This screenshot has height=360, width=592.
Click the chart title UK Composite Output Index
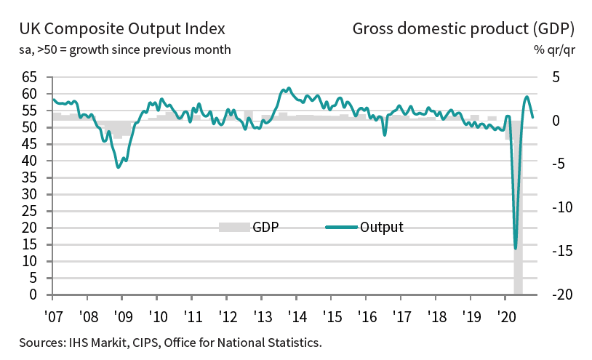point(121,29)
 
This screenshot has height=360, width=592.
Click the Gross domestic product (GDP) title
point(463,29)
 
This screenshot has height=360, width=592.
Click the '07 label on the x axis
point(53,317)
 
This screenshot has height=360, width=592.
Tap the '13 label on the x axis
point(261,317)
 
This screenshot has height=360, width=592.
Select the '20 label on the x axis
point(505,317)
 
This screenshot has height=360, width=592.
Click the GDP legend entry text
point(266,227)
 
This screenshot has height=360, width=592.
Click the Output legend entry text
point(381,227)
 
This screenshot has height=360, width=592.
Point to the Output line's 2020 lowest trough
point(516,248)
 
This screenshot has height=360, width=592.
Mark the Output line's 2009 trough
point(119,167)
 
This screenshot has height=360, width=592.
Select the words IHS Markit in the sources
point(92,342)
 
